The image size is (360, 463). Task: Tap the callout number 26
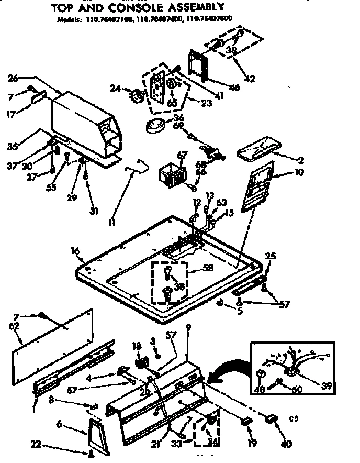pyautogui.click(x=14, y=79)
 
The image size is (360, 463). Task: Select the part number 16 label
pyautogui.click(x=75, y=251)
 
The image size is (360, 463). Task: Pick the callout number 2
pyautogui.click(x=301, y=160)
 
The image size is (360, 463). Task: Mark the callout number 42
pyautogui.click(x=250, y=79)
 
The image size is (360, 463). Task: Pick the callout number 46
pyautogui.click(x=235, y=87)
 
